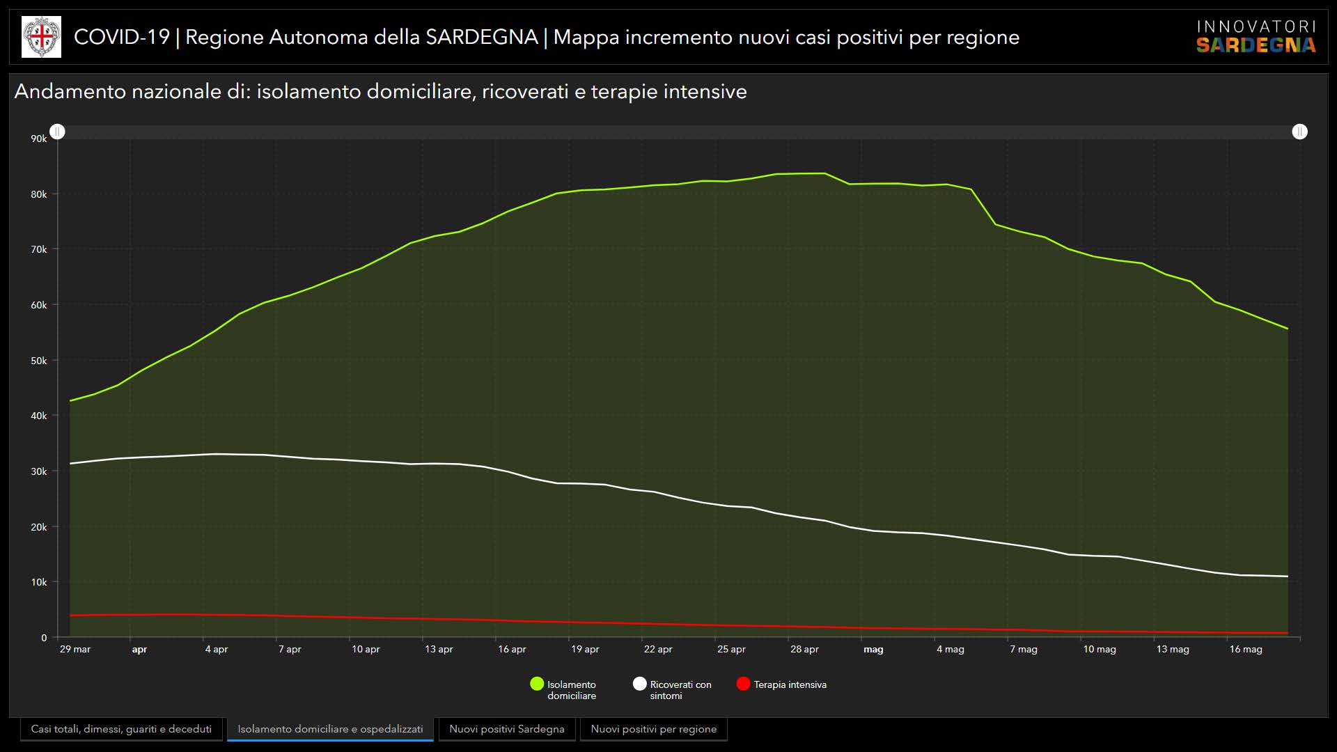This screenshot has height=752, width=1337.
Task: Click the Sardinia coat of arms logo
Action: (42, 37)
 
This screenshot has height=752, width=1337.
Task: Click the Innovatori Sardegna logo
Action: (1256, 37)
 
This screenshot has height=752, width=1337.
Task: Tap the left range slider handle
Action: (58, 132)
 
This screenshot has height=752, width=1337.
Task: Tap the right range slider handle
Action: (1299, 132)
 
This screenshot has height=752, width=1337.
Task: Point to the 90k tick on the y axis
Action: (39, 139)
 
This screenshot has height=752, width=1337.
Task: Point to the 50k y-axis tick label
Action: (39, 361)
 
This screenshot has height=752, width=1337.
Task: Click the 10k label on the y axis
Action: (39, 582)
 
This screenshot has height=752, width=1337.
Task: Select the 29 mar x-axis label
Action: (75, 649)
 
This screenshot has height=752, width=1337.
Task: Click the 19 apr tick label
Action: (585, 649)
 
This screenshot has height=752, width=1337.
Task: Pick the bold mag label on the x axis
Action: (873, 649)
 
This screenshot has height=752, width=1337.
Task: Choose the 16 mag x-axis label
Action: (1245, 649)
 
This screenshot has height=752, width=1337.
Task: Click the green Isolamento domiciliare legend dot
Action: (537, 684)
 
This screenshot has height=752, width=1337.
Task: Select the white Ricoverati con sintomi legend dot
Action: (639, 684)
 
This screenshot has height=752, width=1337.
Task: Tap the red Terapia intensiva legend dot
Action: (743, 684)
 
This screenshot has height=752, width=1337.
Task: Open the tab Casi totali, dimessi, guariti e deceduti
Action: (121, 729)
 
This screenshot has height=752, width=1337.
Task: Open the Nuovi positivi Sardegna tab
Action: (507, 729)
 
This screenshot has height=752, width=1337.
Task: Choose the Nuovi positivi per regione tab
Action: (653, 729)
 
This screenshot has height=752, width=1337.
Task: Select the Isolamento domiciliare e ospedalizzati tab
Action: (330, 729)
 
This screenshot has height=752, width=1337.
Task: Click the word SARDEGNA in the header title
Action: (481, 37)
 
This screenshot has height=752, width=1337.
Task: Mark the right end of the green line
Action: (1288, 329)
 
